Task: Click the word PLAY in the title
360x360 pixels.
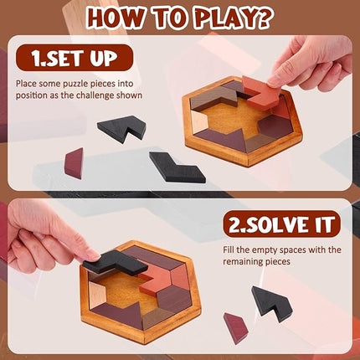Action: [x=219, y=16]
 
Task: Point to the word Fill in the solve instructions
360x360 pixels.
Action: [x=233, y=249]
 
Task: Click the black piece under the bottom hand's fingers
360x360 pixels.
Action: [x=114, y=262]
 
